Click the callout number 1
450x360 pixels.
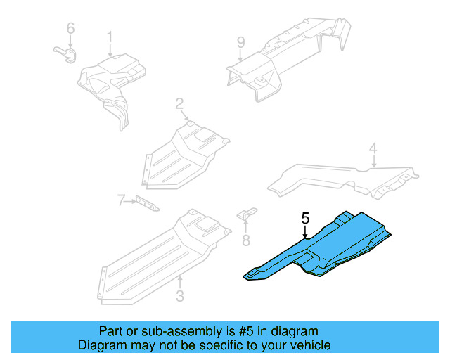110,37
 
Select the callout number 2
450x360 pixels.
179,105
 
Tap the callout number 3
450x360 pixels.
179,296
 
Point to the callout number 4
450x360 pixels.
373,148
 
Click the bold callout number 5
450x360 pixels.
305,219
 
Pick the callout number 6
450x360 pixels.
70,29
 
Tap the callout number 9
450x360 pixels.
240,42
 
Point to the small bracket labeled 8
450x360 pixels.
247,215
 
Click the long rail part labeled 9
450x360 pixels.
288,56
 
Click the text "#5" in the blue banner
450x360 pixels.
237,331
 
